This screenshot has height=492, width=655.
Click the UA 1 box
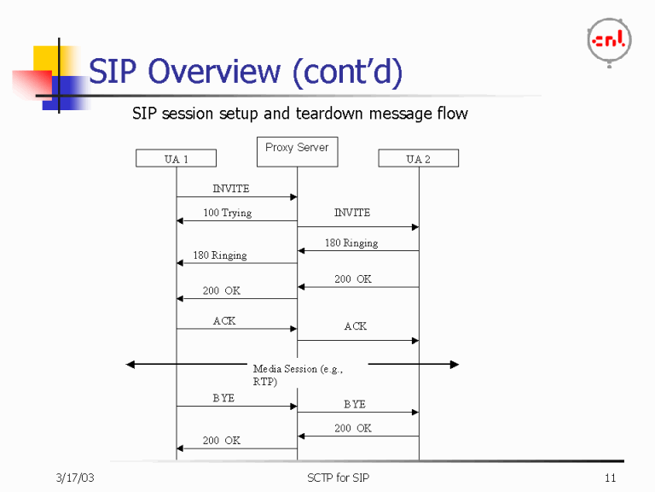176,159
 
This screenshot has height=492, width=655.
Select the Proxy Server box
297,151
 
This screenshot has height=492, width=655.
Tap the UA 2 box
418,159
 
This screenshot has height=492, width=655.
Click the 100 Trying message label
227,213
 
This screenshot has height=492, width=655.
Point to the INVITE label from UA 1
231,188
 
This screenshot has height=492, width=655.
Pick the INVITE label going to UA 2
352,213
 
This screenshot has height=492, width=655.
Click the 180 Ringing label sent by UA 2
351,243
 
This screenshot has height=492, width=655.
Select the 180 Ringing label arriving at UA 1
220,255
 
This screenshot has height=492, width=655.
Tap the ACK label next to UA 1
224,321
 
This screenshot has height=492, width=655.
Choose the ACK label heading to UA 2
356,326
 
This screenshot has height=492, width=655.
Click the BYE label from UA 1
223,398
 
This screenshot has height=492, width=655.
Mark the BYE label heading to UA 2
355,404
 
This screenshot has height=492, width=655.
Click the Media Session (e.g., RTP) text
297,375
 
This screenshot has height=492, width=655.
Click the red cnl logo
609,40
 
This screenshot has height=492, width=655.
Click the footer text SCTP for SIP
339,477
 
